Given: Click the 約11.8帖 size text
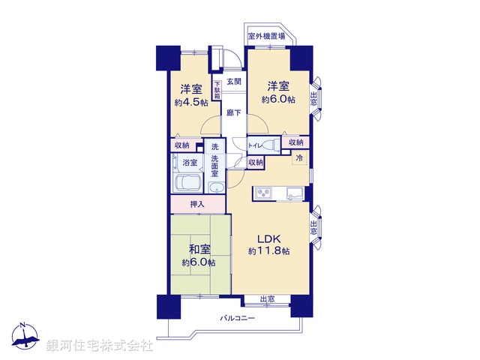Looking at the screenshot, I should [269, 250].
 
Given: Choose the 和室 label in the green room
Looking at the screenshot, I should [198, 249].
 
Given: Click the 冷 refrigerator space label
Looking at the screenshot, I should [299, 158].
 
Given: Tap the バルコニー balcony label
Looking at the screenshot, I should [238, 319].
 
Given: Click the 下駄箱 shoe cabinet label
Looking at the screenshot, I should [217, 89].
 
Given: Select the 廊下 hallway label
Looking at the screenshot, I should [233, 113].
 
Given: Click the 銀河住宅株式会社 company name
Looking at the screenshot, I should [100, 346].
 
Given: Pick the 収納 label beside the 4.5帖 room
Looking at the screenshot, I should [182, 145].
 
